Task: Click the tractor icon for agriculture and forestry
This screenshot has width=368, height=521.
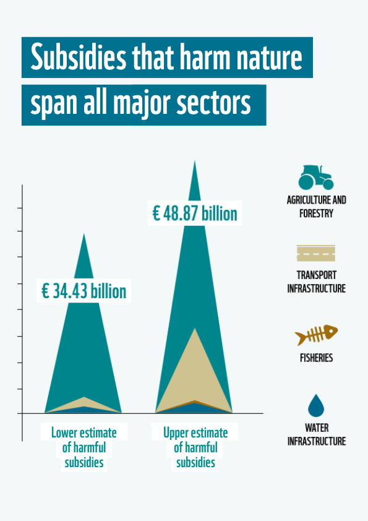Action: tap(315, 178)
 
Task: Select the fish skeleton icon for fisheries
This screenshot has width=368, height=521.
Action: tap(316, 336)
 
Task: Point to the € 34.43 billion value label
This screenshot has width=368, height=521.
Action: tap(83, 291)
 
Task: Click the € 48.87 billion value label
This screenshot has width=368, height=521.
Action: tap(195, 213)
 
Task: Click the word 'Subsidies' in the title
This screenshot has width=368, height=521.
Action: tap(75, 58)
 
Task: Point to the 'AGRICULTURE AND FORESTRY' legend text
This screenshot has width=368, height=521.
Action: tap(316, 207)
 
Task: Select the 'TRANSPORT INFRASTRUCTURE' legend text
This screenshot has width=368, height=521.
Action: tap(316, 282)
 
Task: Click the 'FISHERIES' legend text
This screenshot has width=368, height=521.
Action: tap(316, 358)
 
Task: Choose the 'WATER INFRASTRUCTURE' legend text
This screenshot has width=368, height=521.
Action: tap(316, 434)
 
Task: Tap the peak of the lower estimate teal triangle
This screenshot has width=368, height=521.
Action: tap(83, 236)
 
